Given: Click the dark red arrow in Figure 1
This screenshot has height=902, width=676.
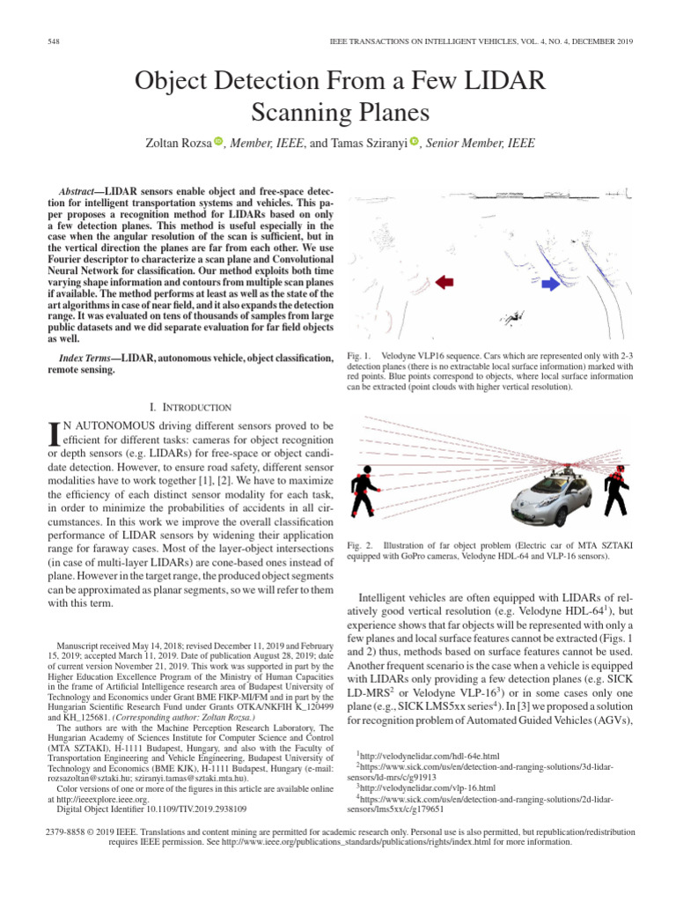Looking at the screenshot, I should pyautogui.click(x=445, y=282).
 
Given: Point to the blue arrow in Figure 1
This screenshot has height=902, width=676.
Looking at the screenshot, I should pyautogui.click(x=550, y=284).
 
